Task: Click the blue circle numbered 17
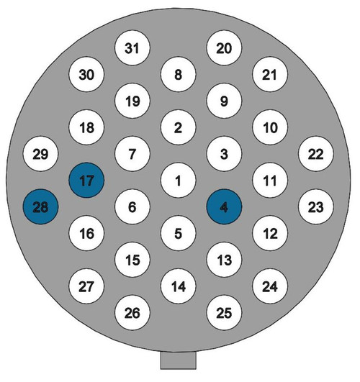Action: (x=86, y=181)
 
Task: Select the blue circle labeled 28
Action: (x=41, y=207)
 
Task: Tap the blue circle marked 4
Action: (x=224, y=207)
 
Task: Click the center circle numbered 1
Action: (x=179, y=181)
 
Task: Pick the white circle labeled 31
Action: (x=132, y=47)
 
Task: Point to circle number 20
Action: (x=224, y=47)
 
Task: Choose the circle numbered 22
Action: (x=316, y=154)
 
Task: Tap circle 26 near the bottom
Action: (x=132, y=313)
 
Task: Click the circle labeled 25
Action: (x=224, y=313)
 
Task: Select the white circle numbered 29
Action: (x=41, y=154)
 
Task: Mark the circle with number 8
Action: (x=179, y=74)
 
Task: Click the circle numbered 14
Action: (x=179, y=286)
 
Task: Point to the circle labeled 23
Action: (x=316, y=207)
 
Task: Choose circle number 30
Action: (x=86, y=74)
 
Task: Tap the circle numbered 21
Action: (x=270, y=74)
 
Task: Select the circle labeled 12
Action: (x=270, y=233)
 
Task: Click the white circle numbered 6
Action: (x=132, y=207)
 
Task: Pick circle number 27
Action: (x=86, y=286)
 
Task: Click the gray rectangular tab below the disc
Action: (x=179, y=360)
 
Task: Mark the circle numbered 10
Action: (x=270, y=127)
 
